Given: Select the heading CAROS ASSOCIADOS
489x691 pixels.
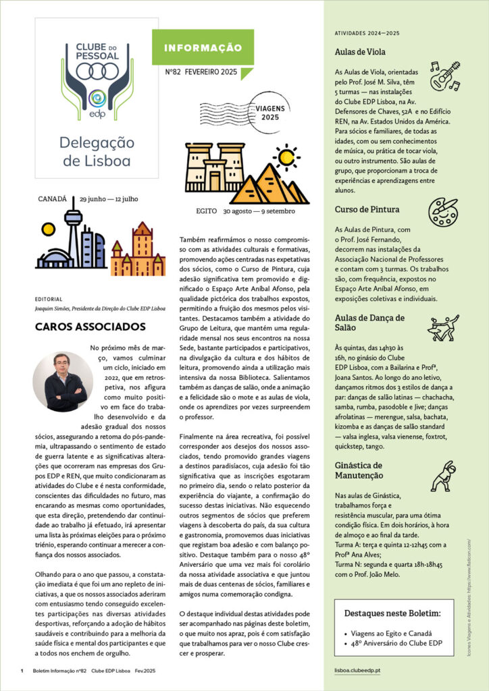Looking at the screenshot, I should [x=91, y=327].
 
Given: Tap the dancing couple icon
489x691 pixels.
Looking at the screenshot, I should [x=444, y=327].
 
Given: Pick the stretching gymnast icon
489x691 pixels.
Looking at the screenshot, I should [x=444, y=476].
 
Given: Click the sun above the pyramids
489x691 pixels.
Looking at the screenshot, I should [x=286, y=157].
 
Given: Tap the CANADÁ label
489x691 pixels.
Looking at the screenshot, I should [x=53, y=199].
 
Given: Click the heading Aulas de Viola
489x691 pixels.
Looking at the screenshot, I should [x=361, y=52].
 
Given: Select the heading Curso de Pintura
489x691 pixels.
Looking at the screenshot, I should [x=367, y=209].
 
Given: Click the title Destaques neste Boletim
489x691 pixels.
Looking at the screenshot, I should [x=392, y=613].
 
